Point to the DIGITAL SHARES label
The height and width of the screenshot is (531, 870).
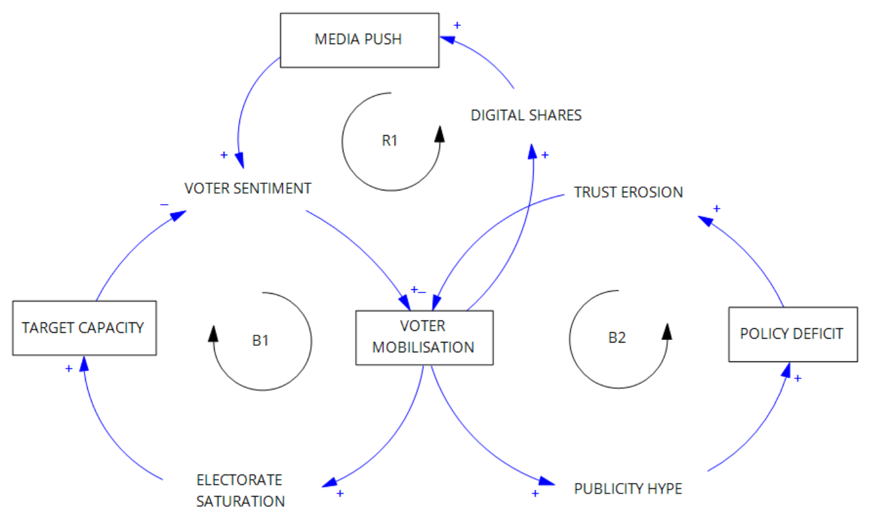[x=526, y=115]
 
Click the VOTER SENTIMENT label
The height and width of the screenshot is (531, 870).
[x=248, y=188]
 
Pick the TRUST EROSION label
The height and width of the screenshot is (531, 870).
[x=628, y=192]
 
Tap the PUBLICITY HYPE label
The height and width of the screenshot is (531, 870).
[x=628, y=489]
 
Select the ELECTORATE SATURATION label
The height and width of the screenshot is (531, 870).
[x=241, y=491]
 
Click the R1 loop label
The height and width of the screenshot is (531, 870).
[x=389, y=141]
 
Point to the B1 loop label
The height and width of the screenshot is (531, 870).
[x=260, y=341]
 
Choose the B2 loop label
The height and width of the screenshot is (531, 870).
[x=617, y=338]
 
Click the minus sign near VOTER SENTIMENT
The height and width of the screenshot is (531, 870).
[x=165, y=205]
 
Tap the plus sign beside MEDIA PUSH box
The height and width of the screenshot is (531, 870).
[x=457, y=25]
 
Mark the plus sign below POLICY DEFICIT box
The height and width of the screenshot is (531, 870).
[x=798, y=378]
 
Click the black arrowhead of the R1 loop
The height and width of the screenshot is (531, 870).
[x=440, y=134]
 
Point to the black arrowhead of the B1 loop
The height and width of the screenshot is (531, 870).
[x=213, y=333]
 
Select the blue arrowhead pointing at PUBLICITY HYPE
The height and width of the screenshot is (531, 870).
[x=547, y=482]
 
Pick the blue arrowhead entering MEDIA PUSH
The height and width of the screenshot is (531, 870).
[x=447, y=39]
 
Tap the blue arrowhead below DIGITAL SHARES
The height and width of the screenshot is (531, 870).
[x=532, y=151]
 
